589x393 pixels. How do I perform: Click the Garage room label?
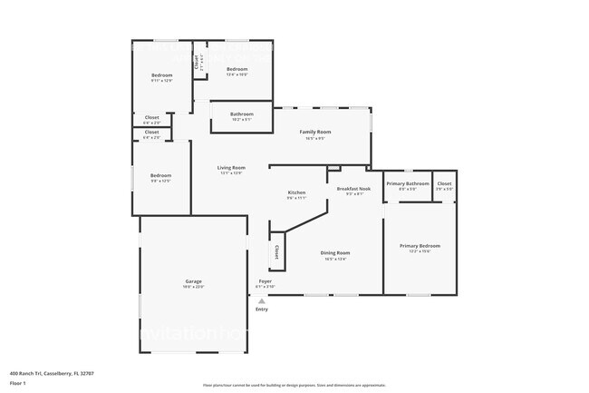coord(194,281)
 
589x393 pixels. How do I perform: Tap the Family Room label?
coord(314,133)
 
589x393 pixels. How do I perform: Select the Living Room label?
coord(231,167)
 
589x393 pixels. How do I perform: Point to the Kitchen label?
coord(296,192)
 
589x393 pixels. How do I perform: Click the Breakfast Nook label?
coord(350,188)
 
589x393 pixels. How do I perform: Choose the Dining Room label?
coord(335,253)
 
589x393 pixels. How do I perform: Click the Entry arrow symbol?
coord(261,300)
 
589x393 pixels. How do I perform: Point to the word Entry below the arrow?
coord(262,309)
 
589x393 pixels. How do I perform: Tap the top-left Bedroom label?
coord(161,74)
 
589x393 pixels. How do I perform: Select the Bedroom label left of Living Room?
coord(160,175)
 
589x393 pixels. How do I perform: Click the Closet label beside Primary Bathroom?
coord(444,183)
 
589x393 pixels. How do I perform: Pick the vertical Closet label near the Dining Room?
coord(276,251)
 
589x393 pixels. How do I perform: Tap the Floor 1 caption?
coord(18,384)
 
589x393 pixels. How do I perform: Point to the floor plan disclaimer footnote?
coord(294,385)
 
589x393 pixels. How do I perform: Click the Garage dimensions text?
coord(194,287)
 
